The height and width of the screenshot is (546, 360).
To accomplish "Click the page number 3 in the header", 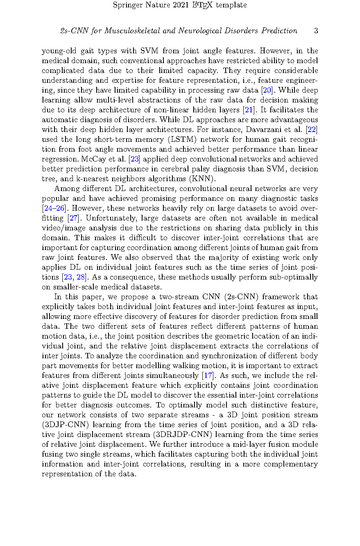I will click(x=316, y=31).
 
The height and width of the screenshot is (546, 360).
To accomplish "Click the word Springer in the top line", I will click(x=127, y=5).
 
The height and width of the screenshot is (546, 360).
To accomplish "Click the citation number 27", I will click(x=74, y=218).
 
